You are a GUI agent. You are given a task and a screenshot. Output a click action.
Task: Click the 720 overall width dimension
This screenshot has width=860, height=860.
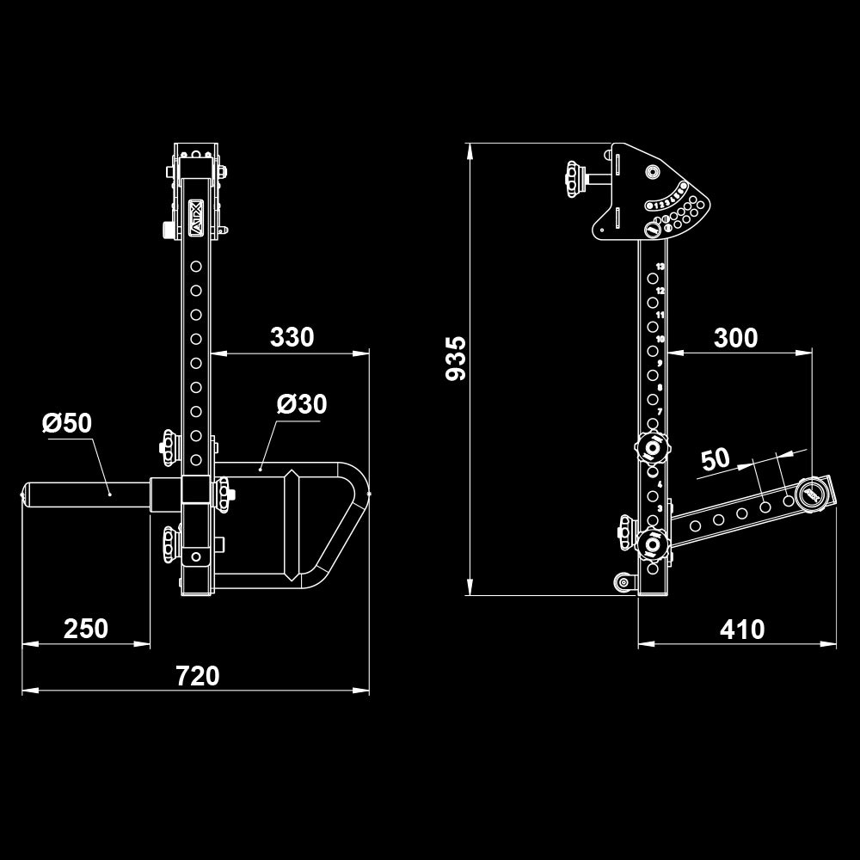click(198, 676)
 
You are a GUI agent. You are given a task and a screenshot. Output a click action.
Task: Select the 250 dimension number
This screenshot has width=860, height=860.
click(86, 629)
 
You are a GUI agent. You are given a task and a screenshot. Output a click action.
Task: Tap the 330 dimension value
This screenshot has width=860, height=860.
click(292, 337)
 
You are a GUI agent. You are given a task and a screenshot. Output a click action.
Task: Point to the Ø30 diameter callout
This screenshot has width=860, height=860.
click(302, 403)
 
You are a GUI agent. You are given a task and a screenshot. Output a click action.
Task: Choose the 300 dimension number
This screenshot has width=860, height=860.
click(736, 338)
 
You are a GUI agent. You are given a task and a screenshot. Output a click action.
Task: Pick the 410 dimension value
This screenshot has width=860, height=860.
click(742, 630)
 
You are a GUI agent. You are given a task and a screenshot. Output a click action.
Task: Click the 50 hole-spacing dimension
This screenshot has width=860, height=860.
click(716, 459)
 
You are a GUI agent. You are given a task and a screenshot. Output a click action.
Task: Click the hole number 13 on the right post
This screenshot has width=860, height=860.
click(660, 267)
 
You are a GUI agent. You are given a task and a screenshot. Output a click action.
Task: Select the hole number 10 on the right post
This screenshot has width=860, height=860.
click(660, 340)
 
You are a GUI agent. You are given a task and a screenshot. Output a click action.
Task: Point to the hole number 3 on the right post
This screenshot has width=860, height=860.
click(660, 508)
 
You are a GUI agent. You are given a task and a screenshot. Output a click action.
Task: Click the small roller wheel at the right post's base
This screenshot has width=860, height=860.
click(621, 584)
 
